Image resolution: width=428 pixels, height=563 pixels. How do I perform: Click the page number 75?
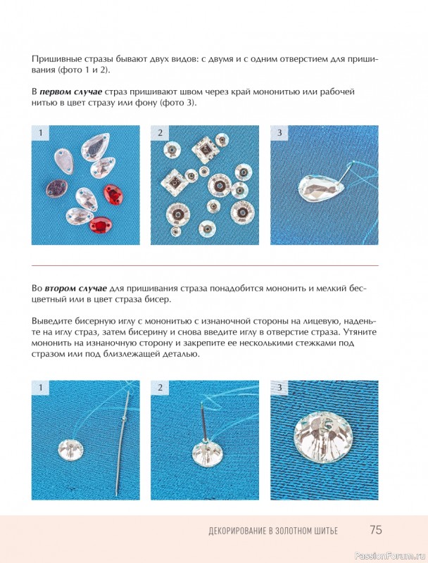coord(376,530)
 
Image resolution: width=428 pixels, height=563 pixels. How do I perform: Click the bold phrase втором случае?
coord(76,289)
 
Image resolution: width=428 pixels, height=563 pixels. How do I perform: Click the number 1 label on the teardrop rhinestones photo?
coord(41,132)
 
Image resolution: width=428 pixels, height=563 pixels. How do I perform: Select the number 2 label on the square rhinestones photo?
coord(160,132)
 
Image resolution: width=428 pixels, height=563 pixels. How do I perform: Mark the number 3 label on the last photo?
coord(279,388)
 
